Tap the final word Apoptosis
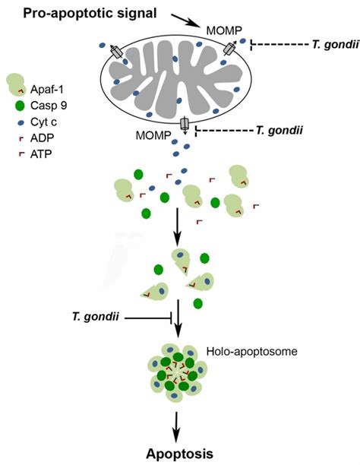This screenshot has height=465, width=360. [181, 452]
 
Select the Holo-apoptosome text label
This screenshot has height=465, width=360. [241, 352]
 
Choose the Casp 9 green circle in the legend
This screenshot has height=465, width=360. [16, 105]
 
